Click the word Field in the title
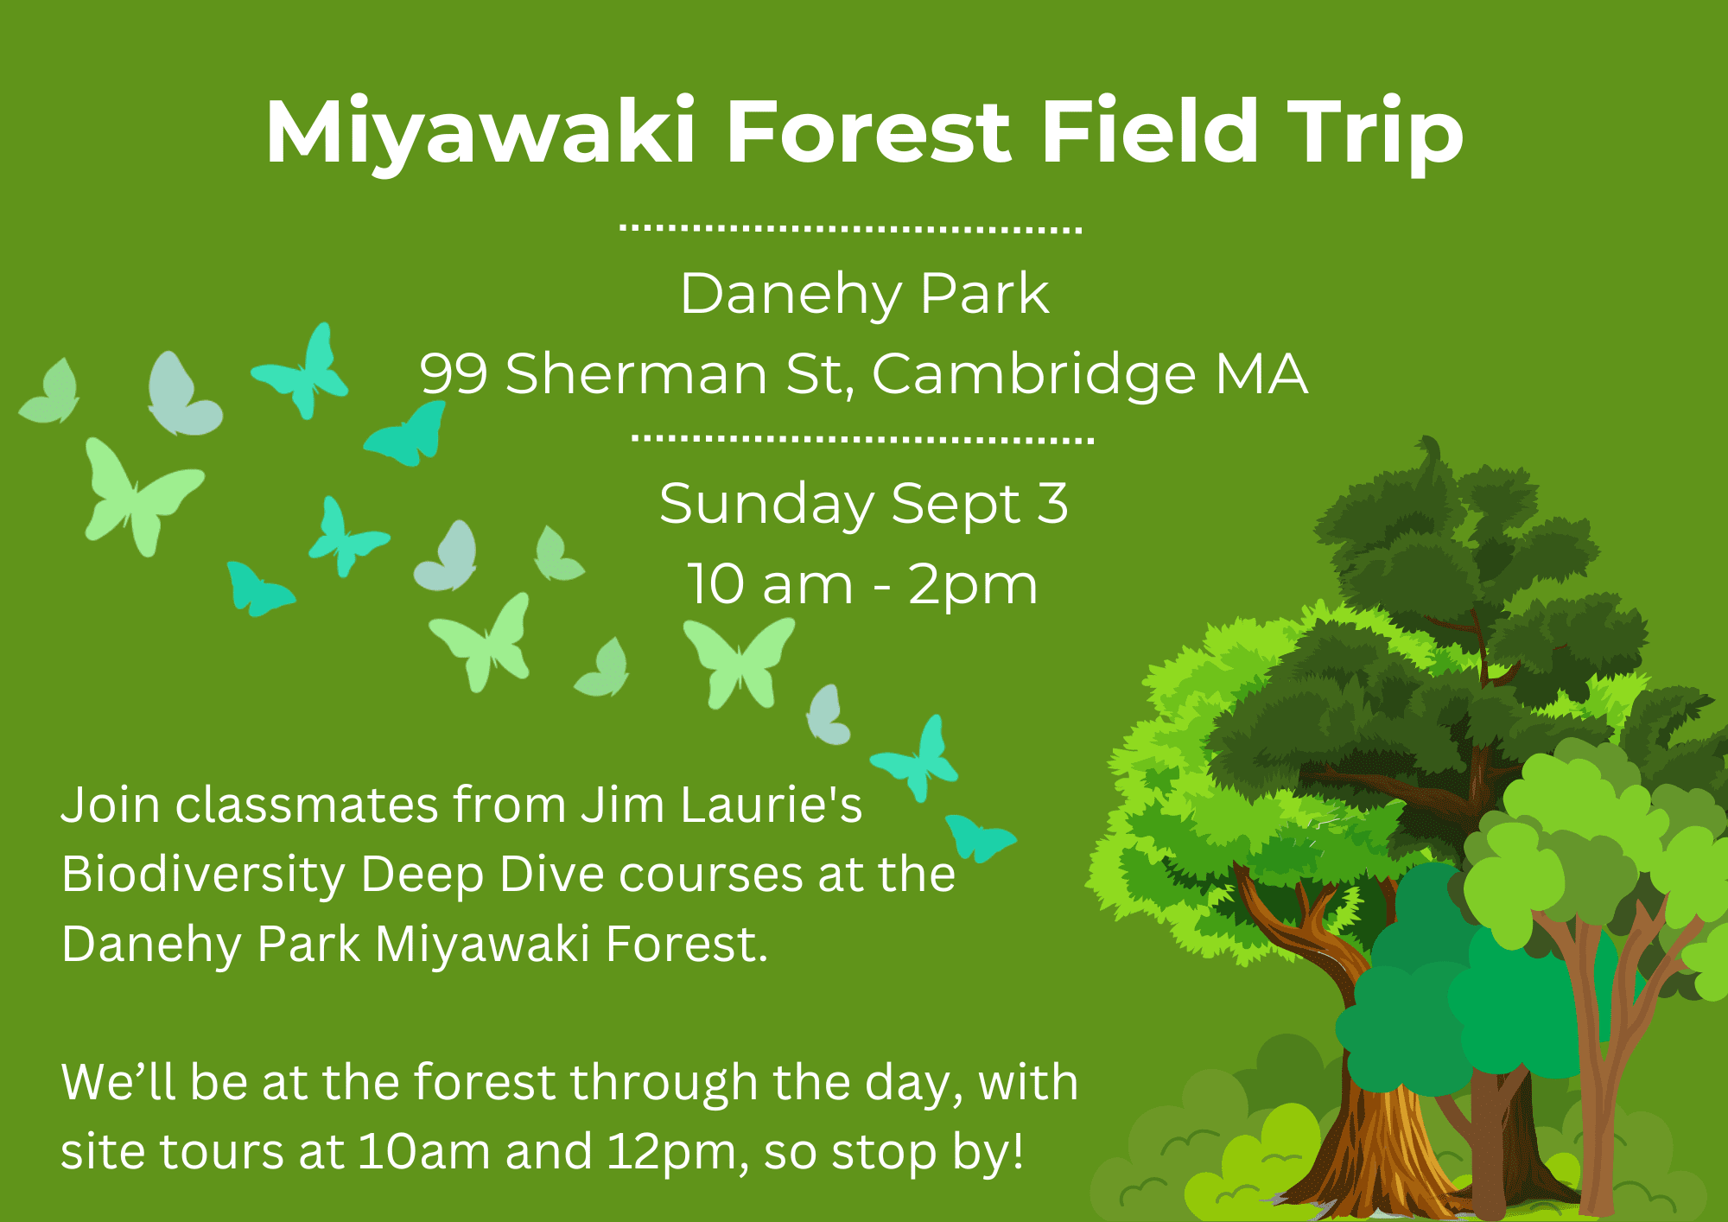point(1150,130)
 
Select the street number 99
point(454,374)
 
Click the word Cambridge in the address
point(1034,375)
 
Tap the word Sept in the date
point(956,504)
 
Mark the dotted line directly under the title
point(851,229)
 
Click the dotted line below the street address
point(863,439)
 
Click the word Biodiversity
point(203,875)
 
